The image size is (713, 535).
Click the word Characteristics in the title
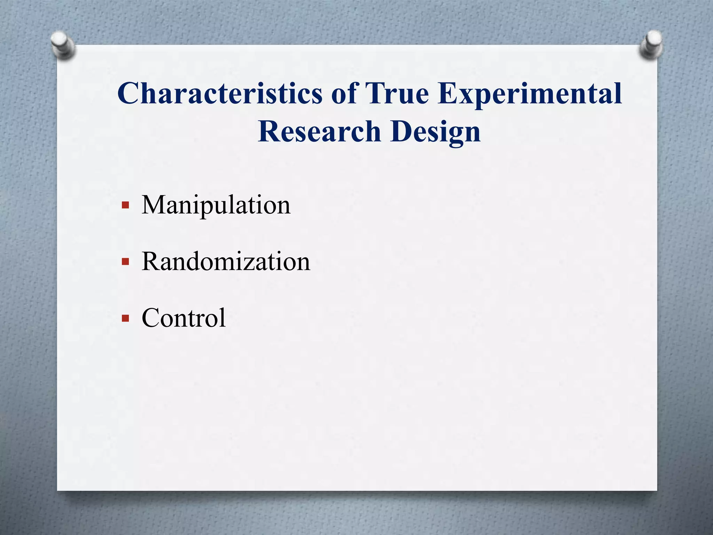coord(220,93)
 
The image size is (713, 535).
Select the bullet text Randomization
coord(226,262)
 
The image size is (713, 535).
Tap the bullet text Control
coord(183,318)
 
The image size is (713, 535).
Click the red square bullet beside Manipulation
coord(126,205)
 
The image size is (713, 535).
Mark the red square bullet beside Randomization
coord(126,262)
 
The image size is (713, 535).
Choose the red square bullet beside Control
coord(126,318)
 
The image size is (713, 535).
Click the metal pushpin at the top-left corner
coord(62,44)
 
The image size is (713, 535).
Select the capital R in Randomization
coord(150,261)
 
